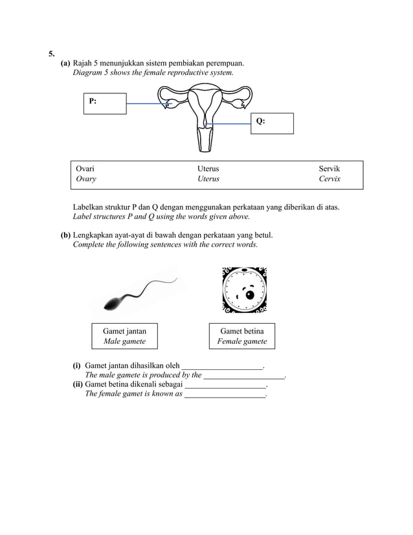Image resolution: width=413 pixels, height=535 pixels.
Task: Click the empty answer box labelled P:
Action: (105, 104)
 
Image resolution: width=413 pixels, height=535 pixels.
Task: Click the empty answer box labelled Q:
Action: (272, 123)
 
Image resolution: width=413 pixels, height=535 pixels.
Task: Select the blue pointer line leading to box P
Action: (147, 104)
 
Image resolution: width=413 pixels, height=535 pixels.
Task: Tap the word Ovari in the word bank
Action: (85, 168)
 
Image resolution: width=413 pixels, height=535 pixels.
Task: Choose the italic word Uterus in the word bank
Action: (208, 179)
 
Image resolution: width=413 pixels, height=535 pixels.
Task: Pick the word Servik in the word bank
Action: (329, 168)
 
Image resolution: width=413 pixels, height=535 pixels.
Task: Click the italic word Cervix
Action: (329, 179)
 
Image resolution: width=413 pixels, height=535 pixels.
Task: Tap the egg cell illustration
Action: (244, 290)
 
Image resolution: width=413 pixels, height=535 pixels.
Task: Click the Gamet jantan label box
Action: (124, 336)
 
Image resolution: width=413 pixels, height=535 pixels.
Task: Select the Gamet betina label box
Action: (241, 336)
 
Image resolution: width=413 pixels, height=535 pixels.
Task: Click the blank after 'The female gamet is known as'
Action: (225, 394)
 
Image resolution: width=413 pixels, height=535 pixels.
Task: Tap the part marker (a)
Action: (65, 63)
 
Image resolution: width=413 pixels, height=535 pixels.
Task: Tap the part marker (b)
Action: (65, 234)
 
